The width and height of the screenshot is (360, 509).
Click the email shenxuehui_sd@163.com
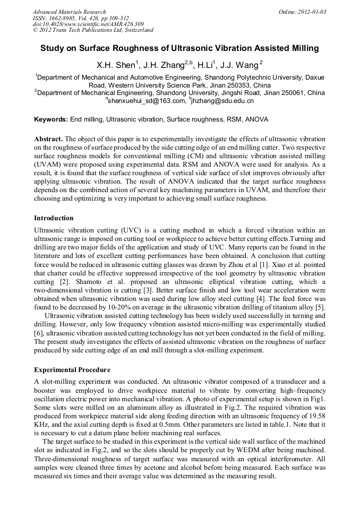(143, 101)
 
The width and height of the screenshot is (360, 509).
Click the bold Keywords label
(50, 120)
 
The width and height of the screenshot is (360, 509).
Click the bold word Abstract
(48, 138)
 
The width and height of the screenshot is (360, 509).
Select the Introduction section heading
(54, 218)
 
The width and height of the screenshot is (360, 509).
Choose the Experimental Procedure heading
(72, 370)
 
